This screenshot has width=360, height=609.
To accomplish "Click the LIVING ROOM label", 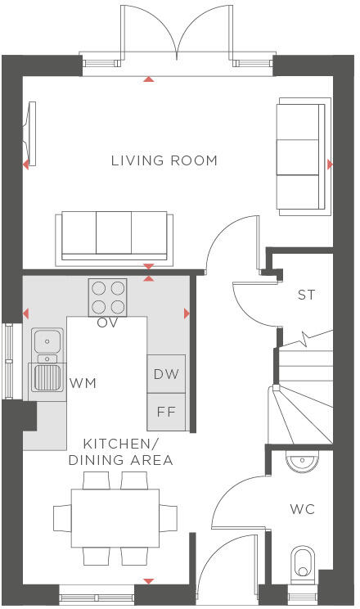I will (164, 160).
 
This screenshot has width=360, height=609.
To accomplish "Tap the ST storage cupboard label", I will (305, 295).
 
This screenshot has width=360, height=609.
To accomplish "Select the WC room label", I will (302, 509).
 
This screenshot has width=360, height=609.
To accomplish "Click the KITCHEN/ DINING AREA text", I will (120, 452).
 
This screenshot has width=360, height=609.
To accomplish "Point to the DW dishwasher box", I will (166, 374).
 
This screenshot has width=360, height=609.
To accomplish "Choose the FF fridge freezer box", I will (166, 412).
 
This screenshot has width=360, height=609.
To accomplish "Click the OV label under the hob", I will (108, 323).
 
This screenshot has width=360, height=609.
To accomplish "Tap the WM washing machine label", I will (80, 382).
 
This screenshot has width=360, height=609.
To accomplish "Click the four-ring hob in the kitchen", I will (108, 297).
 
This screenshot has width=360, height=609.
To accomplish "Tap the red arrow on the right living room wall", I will (330, 165).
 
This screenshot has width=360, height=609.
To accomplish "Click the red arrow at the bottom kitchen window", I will (148, 581).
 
